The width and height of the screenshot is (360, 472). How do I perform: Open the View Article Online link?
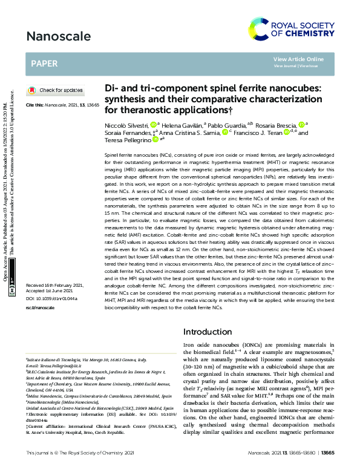[x=298, y=59]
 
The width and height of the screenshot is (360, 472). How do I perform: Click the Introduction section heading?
[x=207, y=332]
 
